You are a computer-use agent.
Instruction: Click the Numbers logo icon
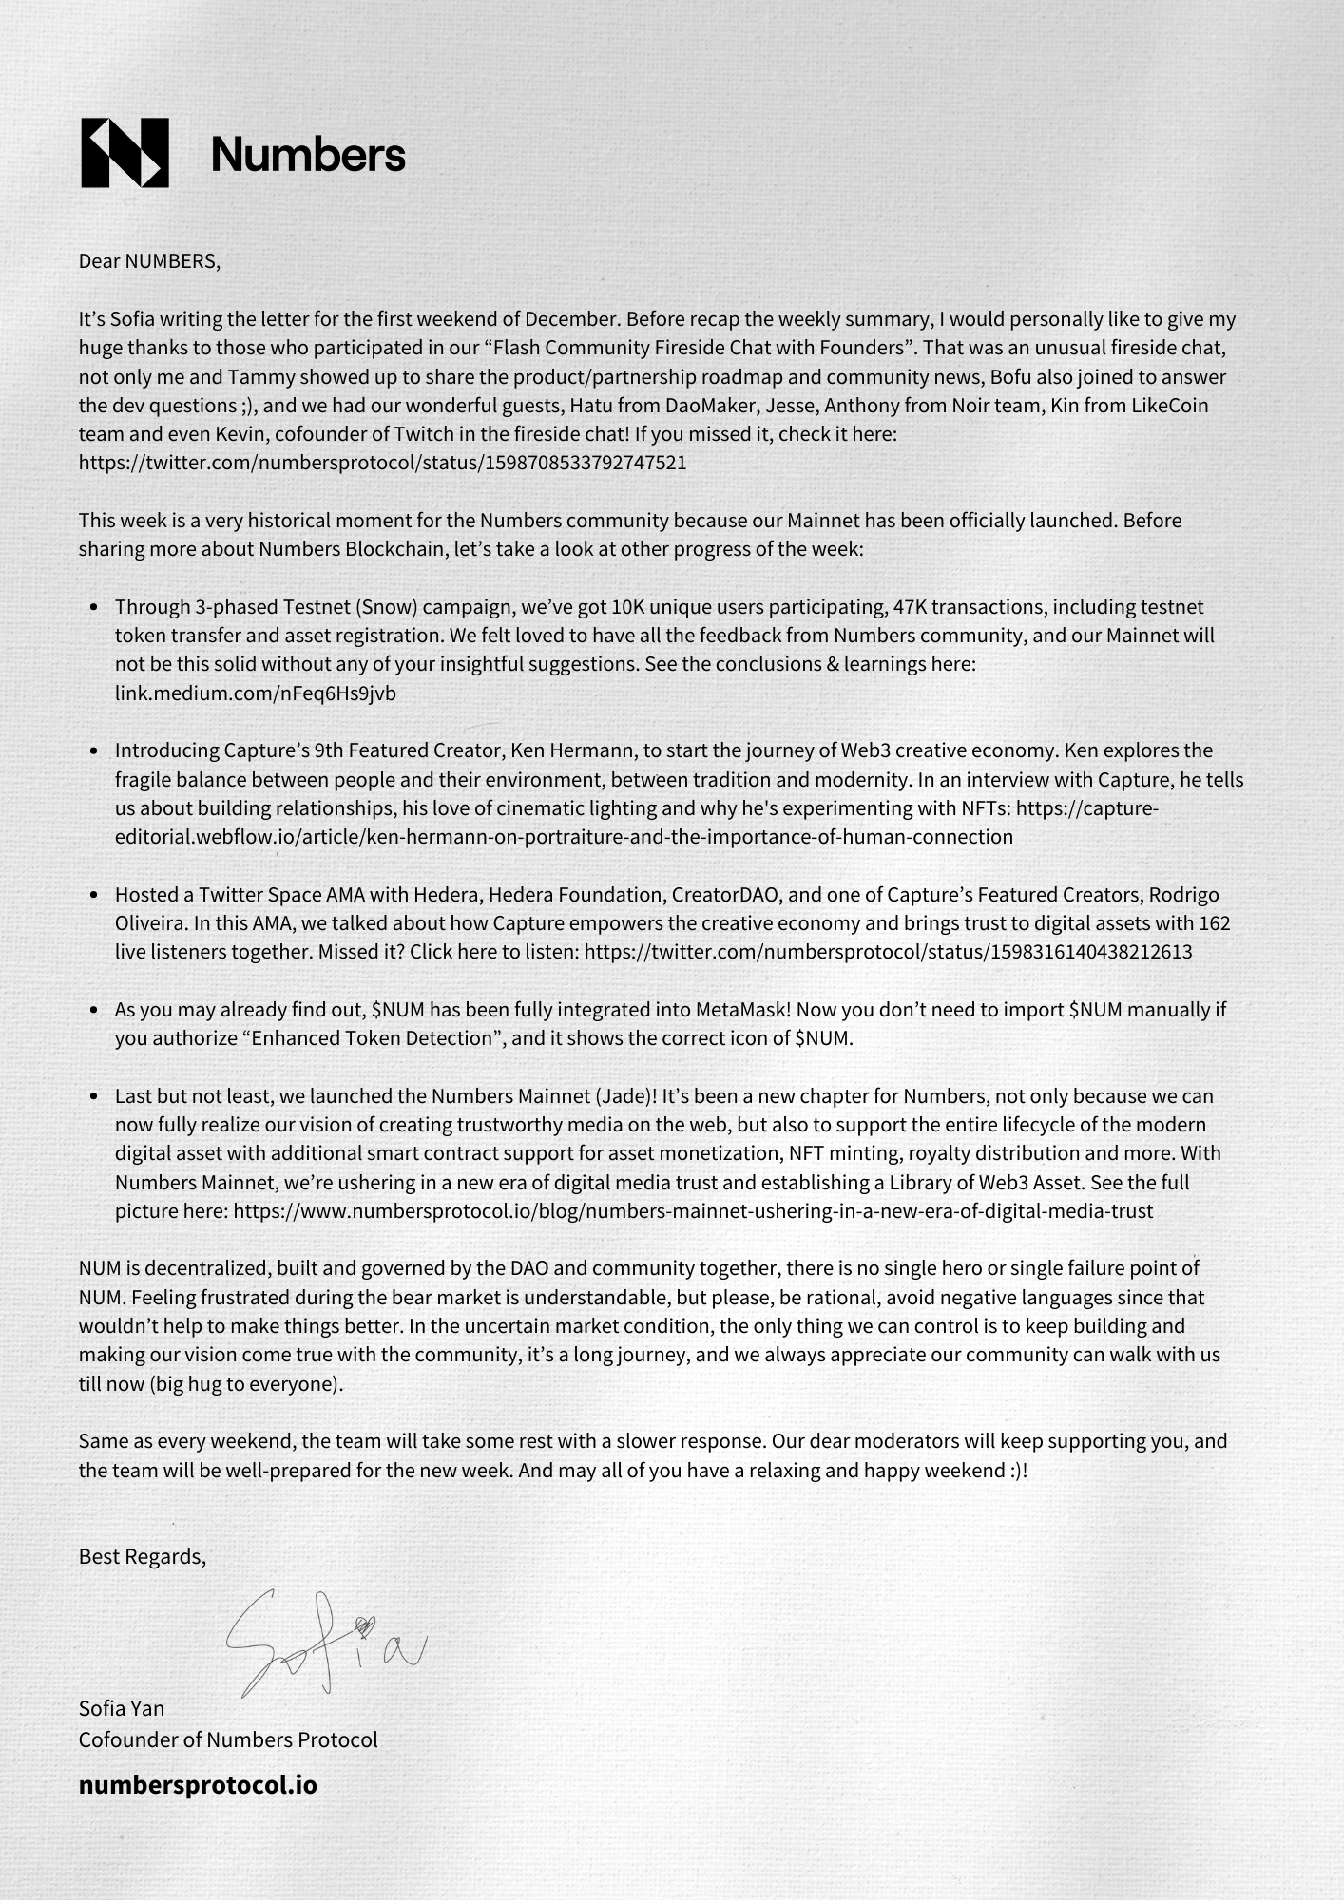tap(125, 153)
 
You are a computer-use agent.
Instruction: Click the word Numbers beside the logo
tap(308, 154)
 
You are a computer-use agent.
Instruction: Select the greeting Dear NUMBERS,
tap(149, 261)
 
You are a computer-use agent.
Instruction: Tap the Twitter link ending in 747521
tap(382, 464)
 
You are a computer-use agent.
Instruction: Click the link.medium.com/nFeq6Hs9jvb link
tap(255, 693)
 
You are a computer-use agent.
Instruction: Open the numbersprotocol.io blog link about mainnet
tap(693, 1211)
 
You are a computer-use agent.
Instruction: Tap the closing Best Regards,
tap(143, 1556)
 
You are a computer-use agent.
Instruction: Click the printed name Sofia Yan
tap(122, 1708)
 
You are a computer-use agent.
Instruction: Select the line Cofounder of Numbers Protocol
tap(228, 1739)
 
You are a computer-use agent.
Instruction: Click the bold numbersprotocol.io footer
tap(198, 1785)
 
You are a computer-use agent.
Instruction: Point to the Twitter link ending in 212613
tap(888, 952)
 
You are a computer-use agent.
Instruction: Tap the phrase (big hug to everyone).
tap(245, 1384)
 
